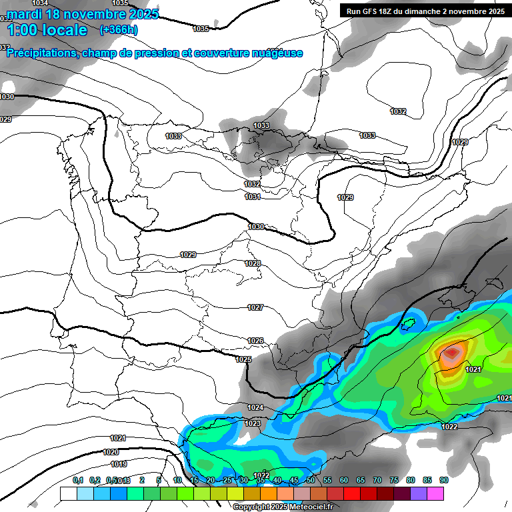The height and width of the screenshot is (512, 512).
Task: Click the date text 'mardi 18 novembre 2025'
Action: (x=83, y=14)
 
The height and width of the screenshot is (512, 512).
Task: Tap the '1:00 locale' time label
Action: (x=47, y=30)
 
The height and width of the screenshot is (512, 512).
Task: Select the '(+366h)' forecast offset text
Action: (x=118, y=30)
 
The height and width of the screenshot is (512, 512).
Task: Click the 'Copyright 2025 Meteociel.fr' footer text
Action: (x=283, y=507)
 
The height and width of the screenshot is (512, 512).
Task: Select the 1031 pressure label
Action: (x=252, y=197)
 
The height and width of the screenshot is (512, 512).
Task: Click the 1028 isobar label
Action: (x=253, y=263)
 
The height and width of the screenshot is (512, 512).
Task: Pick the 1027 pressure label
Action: (x=255, y=307)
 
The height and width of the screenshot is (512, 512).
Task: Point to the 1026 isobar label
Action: (x=255, y=341)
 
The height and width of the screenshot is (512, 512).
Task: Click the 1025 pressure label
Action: (x=243, y=359)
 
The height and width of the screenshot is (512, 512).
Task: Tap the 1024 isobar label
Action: (x=255, y=407)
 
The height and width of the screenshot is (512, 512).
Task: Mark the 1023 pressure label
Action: (x=252, y=423)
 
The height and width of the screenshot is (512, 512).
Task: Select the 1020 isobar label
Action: (x=111, y=452)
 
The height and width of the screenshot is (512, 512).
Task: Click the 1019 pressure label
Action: (x=119, y=464)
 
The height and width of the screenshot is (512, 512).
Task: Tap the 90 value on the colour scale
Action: (x=443, y=480)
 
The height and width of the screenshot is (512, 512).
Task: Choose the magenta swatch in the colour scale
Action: (x=435, y=493)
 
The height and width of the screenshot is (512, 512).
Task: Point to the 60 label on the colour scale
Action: (x=343, y=480)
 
